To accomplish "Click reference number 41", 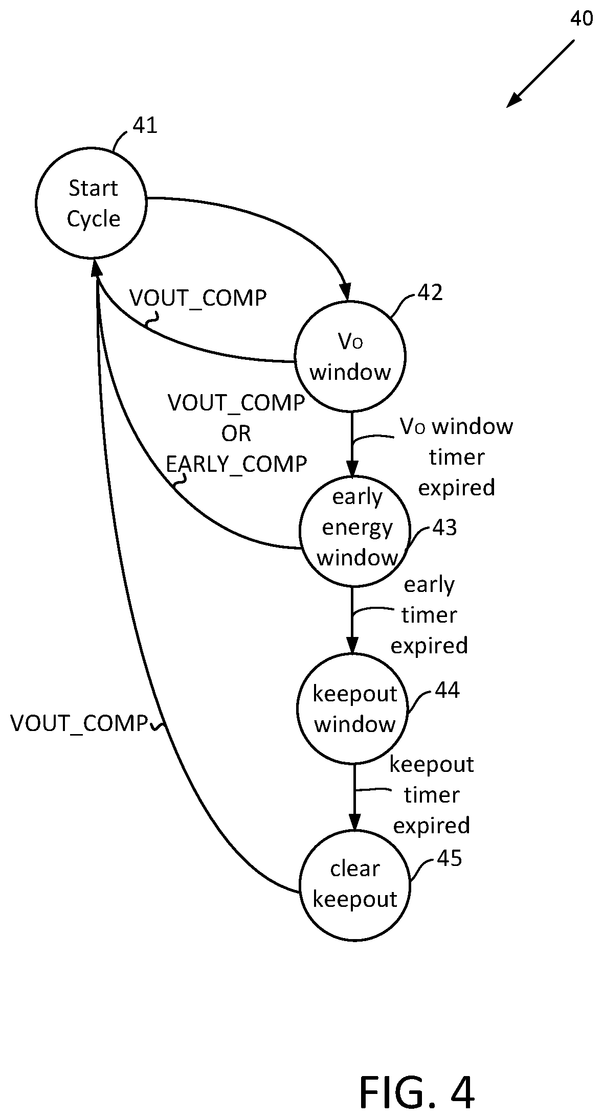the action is pos(145,125).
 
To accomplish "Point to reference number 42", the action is pos(430,293).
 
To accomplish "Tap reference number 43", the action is pos(444,528).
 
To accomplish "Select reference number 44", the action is pos(448,690).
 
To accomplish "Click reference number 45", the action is pos(450,858).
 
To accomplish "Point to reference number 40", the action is pos(582,19).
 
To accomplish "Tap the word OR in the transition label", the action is pos(236,433).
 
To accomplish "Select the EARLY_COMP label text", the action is pos(236,464).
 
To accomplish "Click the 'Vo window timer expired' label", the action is pos(456,456).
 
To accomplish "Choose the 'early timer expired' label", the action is pos(429,615).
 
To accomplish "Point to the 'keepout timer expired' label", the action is pos(432,795).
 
